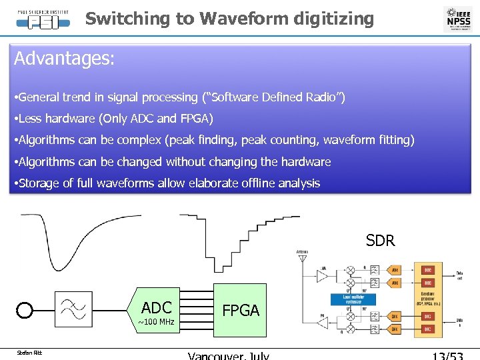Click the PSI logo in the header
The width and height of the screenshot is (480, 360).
(43, 18)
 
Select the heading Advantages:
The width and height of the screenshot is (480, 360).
(65, 59)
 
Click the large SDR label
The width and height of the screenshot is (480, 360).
(380, 240)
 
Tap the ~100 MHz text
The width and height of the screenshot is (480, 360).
(156, 322)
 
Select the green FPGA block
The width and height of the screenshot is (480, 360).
(240, 310)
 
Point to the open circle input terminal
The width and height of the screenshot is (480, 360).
(25, 311)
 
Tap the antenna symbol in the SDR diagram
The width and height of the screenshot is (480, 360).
(303, 257)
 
